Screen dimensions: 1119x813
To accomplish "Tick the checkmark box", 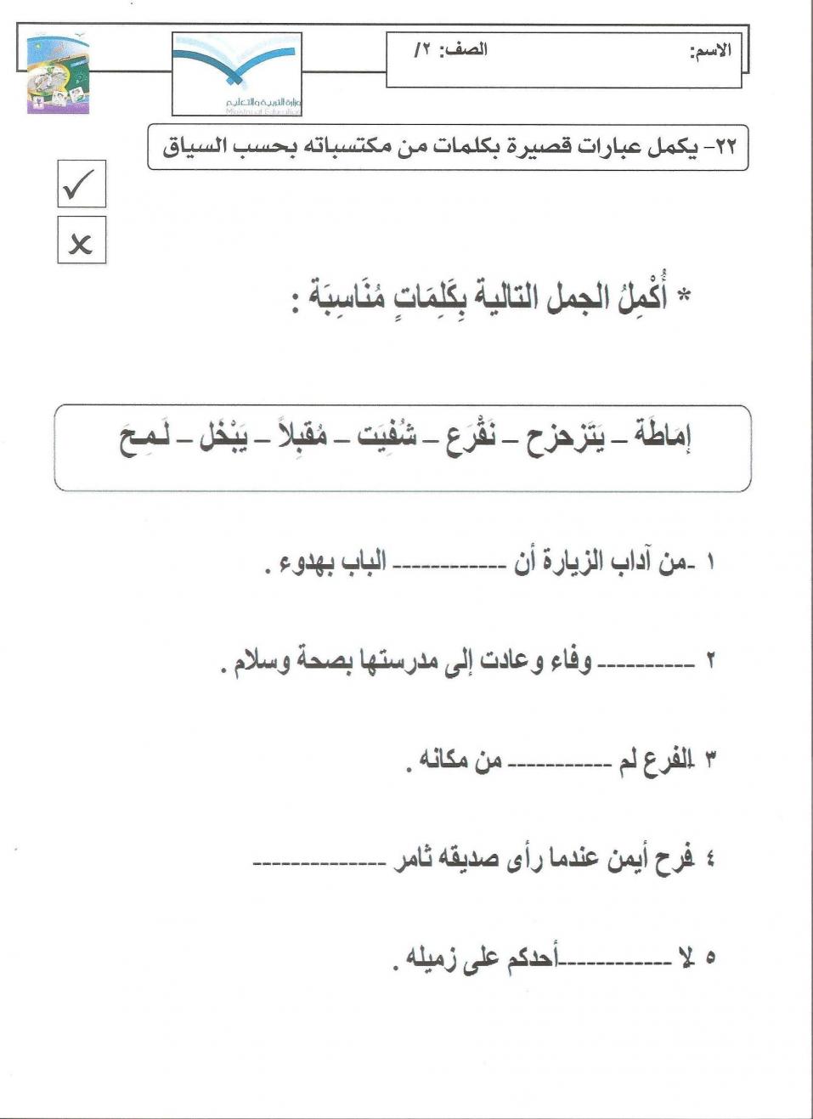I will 82,184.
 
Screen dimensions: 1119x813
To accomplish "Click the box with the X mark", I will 82,240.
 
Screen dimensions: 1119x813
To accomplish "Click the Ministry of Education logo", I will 237,74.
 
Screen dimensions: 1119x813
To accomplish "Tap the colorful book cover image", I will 58,75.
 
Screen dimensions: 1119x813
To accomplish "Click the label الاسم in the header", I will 709,51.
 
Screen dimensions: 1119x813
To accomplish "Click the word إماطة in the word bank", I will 662,438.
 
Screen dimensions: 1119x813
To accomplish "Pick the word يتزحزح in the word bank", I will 565,438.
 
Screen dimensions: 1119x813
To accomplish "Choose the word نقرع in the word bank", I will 471,438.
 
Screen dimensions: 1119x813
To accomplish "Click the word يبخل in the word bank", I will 223,438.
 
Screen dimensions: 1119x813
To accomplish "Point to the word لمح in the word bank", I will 145,438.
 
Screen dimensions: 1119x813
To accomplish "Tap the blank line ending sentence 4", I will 319,863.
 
